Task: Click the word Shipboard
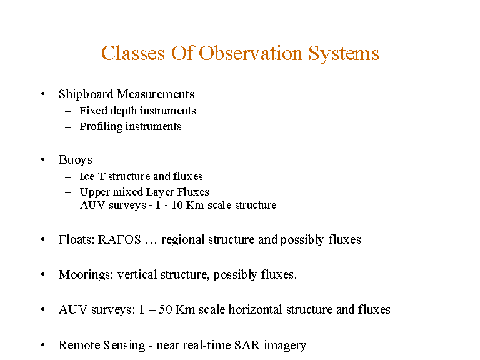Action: tap(86, 94)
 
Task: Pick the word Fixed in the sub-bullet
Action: tap(91, 111)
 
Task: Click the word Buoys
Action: tap(75, 160)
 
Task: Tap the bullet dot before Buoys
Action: tap(42, 160)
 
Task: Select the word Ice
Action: tap(87, 176)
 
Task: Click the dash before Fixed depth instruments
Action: tap(68, 111)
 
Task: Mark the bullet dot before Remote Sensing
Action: tap(42, 345)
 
